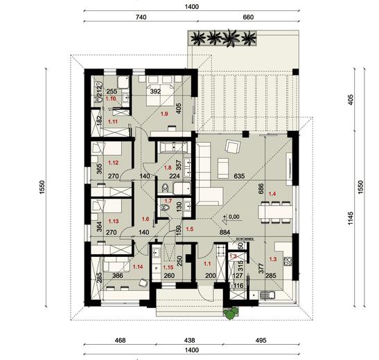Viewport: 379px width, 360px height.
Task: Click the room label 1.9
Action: point(164,114)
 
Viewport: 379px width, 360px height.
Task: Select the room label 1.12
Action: point(114,163)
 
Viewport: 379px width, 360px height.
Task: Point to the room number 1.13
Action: point(114,222)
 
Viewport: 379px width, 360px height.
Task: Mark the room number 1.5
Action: point(188,228)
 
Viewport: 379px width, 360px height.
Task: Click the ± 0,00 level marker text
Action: point(231,217)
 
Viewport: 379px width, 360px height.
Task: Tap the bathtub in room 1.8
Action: point(168,147)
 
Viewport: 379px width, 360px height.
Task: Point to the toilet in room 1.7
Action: point(164,206)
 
